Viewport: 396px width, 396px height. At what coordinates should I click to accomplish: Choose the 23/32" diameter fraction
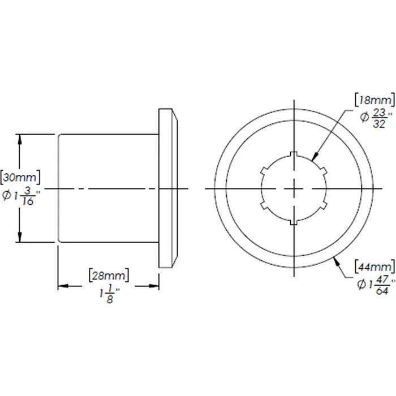pyautogui.click(x=373, y=119)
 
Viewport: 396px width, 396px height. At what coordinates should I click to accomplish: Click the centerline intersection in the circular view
pyautogui.click(x=293, y=188)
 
